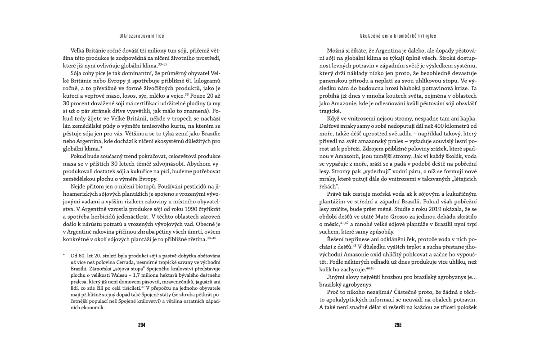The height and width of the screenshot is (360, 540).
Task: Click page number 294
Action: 141,325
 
